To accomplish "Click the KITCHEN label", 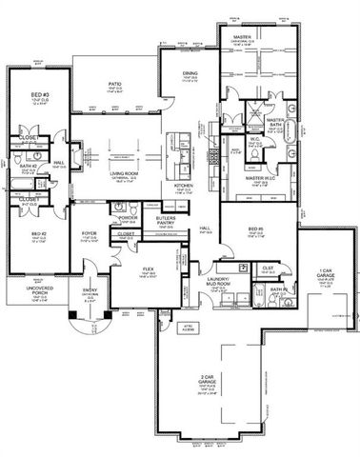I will (184, 184).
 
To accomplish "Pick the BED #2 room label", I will (38, 234).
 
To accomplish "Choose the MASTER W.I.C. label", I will (256, 177).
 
